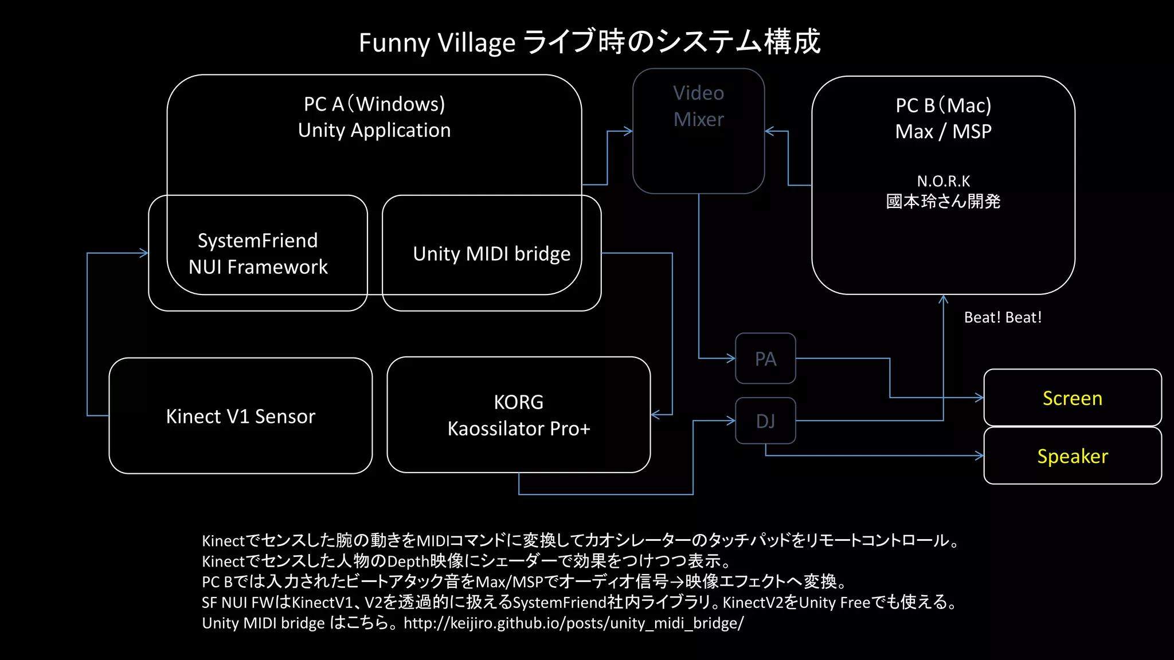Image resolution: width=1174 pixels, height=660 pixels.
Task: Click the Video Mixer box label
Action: [698, 106]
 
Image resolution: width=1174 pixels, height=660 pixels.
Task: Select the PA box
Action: [765, 359]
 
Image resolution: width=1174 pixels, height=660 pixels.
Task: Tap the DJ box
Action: [765, 421]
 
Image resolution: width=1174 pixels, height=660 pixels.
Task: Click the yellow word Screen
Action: [1072, 398]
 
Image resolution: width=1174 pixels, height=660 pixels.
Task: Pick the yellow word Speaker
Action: [1072, 457]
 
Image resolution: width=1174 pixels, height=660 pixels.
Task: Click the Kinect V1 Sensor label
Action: [240, 417]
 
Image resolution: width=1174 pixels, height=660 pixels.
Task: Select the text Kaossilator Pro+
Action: [518, 429]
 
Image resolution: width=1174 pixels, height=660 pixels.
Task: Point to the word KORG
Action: [518, 402]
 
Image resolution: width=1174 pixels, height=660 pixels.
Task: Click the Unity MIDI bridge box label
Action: [491, 254]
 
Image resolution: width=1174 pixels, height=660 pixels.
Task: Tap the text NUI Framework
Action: [258, 267]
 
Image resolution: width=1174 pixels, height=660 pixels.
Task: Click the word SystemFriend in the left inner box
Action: [257, 241]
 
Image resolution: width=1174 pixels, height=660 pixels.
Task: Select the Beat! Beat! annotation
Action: [1003, 317]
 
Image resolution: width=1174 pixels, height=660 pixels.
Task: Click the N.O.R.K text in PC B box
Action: [943, 182]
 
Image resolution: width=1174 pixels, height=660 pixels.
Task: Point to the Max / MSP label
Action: [943, 132]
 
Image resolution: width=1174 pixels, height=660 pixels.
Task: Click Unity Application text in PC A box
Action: [374, 131]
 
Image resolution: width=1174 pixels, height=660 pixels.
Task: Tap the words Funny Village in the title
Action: [437, 43]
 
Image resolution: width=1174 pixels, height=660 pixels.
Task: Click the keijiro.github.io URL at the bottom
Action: [573, 623]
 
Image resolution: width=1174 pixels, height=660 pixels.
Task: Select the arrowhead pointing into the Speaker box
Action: [980, 456]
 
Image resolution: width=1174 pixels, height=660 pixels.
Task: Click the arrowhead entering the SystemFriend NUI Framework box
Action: [144, 253]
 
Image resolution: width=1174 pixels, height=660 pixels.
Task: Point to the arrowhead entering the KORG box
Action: [655, 414]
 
